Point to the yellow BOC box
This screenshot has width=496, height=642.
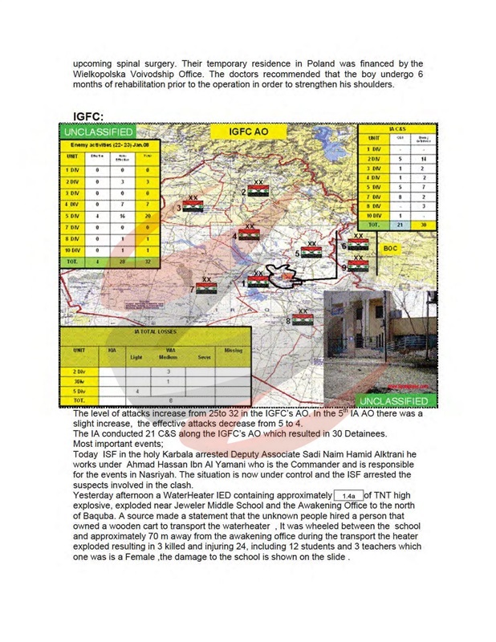[x=390, y=248]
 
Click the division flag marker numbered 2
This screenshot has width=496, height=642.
[x=257, y=192]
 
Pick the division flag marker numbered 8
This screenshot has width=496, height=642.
[x=302, y=319]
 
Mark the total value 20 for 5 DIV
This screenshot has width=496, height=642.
[x=146, y=216]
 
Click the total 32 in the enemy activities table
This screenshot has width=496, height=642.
[x=146, y=262]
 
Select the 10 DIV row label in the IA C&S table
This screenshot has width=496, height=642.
[x=373, y=216]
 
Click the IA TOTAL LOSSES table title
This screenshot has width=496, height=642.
[x=156, y=331]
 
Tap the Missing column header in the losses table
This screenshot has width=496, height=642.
[x=233, y=351]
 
